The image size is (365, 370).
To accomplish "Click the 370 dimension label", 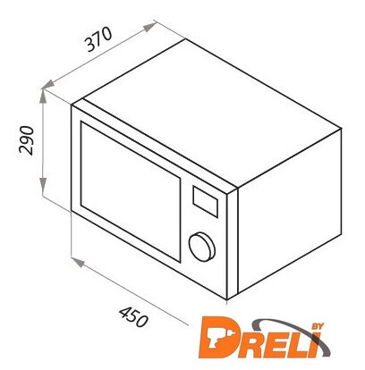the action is click(x=99, y=38).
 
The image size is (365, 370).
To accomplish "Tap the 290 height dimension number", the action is click(x=26, y=140).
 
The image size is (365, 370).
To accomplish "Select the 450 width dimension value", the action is click(x=133, y=317).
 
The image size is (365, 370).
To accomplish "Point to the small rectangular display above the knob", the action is click(x=205, y=201).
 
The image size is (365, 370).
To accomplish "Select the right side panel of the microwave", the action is click(x=289, y=211).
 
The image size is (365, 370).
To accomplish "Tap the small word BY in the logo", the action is click(x=318, y=326).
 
